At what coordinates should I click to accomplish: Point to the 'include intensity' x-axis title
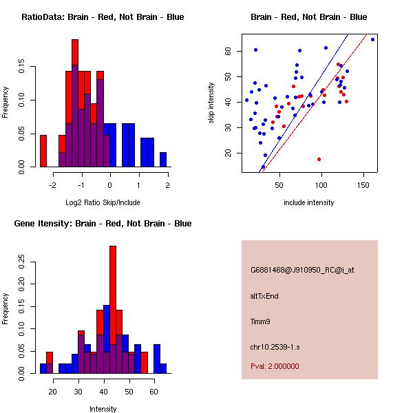tap(308, 202)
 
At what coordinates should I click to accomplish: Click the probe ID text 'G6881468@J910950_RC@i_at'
tap(302, 271)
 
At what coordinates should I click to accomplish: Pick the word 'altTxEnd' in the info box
tap(264, 296)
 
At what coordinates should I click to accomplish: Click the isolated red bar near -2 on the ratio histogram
tap(43, 151)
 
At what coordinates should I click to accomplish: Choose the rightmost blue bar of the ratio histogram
tap(163, 160)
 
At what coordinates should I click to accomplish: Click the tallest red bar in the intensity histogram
tap(113, 309)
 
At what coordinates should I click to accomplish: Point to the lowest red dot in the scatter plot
tap(319, 159)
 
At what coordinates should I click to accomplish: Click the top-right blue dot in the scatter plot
tap(372, 39)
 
